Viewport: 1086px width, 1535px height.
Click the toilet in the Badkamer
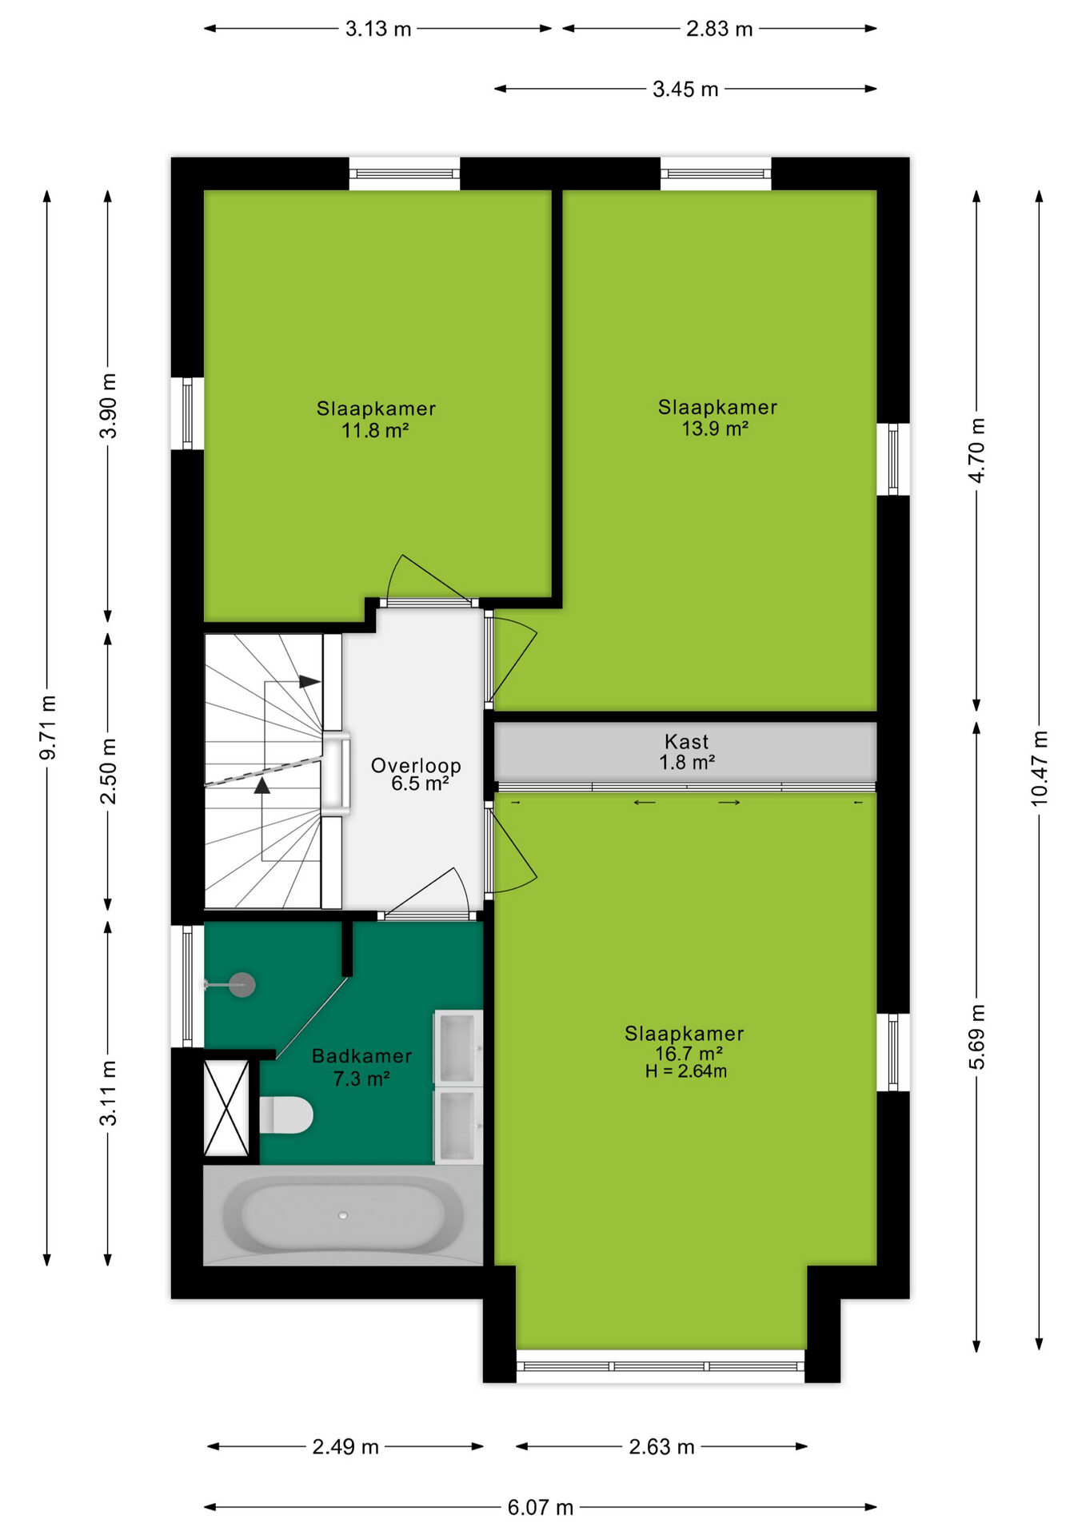pyautogui.click(x=285, y=1114)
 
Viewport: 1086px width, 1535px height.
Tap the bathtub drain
pyautogui.click(x=343, y=1215)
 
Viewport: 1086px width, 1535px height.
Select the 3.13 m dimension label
pyautogui.click(x=378, y=29)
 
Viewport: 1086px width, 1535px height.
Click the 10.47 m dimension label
pyautogui.click(x=1038, y=767)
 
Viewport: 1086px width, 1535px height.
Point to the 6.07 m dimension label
pyautogui.click(x=541, y=1507)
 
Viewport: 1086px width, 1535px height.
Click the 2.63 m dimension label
pyautogui.click(x=661, y=1446)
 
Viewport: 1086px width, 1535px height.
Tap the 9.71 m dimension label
pyautogui.click(x=48, y=728)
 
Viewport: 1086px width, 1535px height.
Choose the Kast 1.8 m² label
pyautogui.click(x=686, y=752)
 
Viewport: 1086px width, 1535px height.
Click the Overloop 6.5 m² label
pyautogui.click(x=416, y=774)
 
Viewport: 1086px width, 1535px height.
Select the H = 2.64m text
pyautogui.click(x=686, y=1071)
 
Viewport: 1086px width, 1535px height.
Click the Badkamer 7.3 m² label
pyautogui.click(x=361, y=1067)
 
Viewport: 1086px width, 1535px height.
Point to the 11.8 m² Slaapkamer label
pyautogui.click(x=376, y=420)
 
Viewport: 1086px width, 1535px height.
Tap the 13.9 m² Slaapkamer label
pyautogui.click(x=717, y=417)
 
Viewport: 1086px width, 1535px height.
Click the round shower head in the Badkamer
pyautogui.click(x=242, y=985)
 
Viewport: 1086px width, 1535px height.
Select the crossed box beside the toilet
pyautogui.click(x=226, y=1107)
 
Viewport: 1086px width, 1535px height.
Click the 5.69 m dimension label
pyautogui.click(x=976, y=1037)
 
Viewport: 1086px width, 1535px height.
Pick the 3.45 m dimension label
pyautogui.click(x=685, y=89)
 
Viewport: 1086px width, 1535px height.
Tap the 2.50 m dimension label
pyautogui.click(x=108, y=771)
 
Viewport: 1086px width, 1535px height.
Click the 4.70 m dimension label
pyautogui.click(x=976, y=450)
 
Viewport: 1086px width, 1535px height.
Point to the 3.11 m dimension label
pyautogui.click(x=108, y=1093)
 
